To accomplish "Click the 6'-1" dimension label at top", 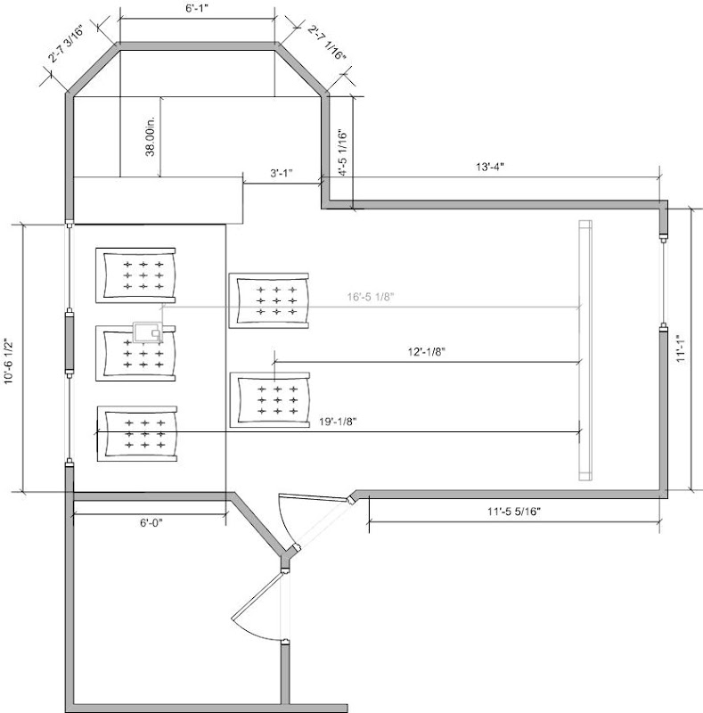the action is click(x=196, y=9).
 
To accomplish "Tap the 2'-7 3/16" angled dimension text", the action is click(x=67, y=44).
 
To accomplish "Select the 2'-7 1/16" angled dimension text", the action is click(x=326, y=42).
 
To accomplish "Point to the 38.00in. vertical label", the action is click(x=150, y=135).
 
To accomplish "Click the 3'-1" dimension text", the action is click(x=281, y=173).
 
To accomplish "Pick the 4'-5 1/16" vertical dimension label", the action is click(x=344, y=152).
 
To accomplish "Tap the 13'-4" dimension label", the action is click(x=490, y=167).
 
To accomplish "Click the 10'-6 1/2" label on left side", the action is click(x=9, y=362).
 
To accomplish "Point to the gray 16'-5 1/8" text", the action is click(x=371, y=297).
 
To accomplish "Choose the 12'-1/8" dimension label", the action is click(x=426, y=351).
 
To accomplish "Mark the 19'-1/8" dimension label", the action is click(x=338, y=422).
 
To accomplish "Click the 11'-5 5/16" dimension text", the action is click(x=514, y=512).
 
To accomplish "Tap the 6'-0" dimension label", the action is click(x=151, y=523).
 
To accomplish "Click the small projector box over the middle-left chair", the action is click(x=148, y=332).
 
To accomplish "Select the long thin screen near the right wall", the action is click(x=585, y=350).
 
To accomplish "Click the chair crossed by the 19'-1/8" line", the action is click(x=137, y=434).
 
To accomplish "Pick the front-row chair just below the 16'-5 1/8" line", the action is click(x=269, y=300).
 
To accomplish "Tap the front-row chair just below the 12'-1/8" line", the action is click(x=270, y=400).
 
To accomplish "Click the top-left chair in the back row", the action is click(x=135, y=275).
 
